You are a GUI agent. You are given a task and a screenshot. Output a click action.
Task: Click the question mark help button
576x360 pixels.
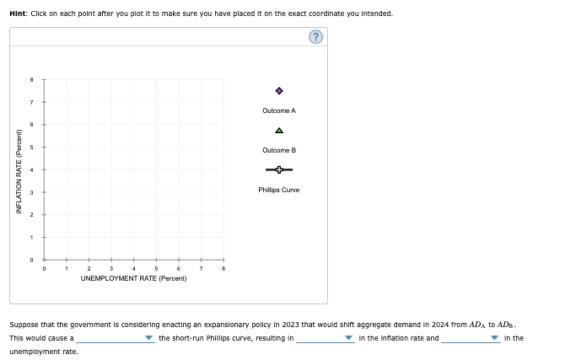point(315,37)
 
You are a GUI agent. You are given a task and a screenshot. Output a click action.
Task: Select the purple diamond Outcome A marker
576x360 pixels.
point(279,91)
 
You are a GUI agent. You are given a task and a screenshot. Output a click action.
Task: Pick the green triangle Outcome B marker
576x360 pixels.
point(279,131)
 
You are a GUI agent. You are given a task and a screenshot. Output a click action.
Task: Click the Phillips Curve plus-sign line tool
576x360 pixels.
point(279,170)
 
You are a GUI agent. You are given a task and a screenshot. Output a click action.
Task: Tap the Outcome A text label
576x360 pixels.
point(279,110)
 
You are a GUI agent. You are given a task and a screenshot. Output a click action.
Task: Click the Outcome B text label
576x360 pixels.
point(279,150)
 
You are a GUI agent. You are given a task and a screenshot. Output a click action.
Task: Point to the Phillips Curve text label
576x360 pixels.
point(279,190)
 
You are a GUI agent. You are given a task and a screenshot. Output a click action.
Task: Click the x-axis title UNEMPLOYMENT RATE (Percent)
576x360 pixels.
point(133,277)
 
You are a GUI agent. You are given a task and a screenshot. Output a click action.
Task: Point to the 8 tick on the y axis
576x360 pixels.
point(31,80)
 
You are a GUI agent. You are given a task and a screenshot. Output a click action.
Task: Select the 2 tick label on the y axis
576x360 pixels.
point(31,215)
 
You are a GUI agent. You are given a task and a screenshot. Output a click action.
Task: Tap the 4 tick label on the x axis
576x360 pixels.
point(133,269)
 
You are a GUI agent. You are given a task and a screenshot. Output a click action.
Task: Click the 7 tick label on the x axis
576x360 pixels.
point(201,269)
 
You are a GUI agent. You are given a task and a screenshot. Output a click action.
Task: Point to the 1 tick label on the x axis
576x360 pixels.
point(66,269)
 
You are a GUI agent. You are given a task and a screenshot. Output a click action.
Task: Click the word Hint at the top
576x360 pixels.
point(18,13)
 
